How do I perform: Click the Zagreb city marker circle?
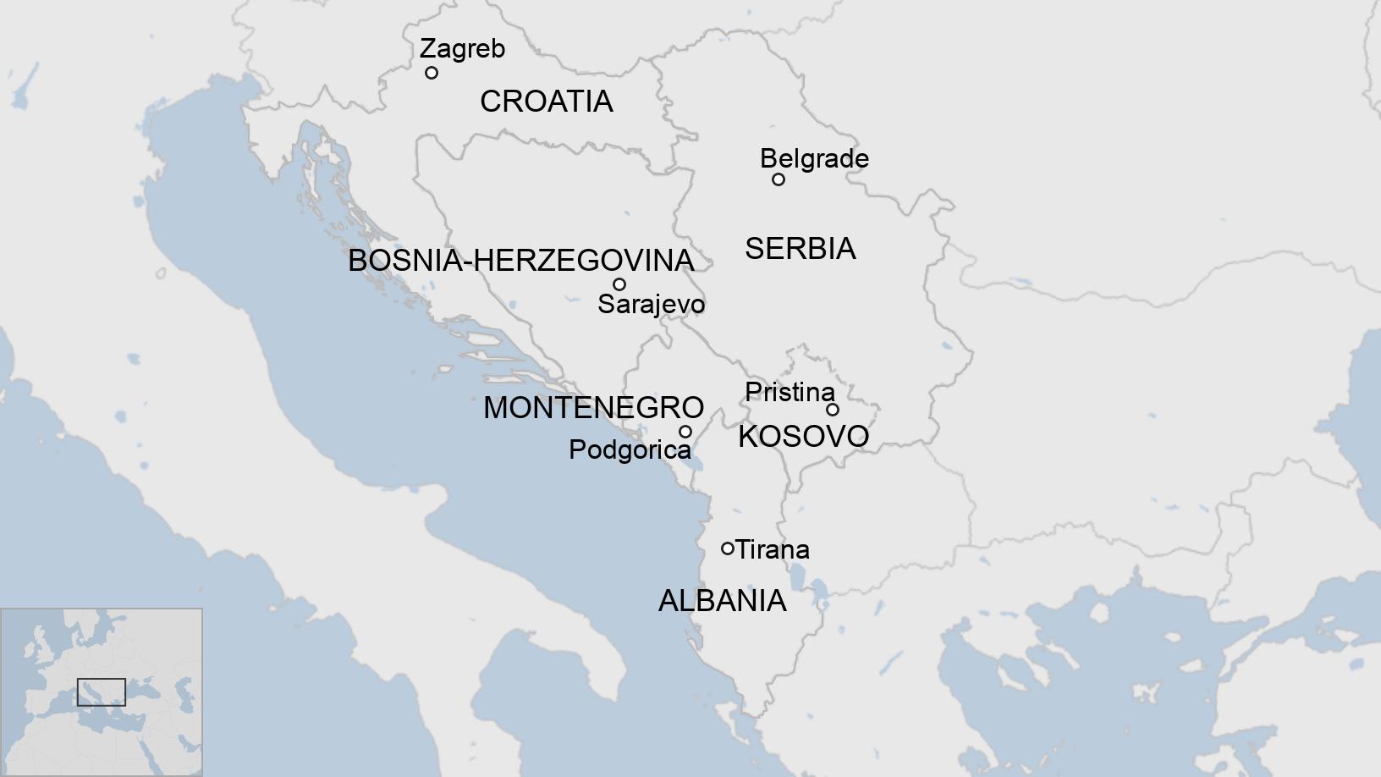click(432, 73)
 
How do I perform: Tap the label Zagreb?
click(462, 48)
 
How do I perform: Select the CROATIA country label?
click(546, 102)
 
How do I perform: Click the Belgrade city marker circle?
click(779, 179)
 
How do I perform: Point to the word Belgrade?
click(814, 158)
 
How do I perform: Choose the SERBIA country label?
click(800, 249)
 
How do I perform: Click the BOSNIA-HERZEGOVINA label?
click(521, 261)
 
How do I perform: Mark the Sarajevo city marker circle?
click(619, 284)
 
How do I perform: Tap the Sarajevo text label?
click(651, 304)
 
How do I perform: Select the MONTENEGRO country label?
click(593, 408)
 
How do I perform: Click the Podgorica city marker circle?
click(685, 432)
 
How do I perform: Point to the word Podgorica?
click(630, 449)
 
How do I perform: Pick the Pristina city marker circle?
click(833, 410)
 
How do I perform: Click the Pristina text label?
click(790, 392)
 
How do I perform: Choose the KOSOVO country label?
click(803, 437)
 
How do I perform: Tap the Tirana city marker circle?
click(727, 548)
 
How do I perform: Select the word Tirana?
click(773, 549)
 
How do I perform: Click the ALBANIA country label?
click(722, 601)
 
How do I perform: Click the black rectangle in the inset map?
click(102, 692)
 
